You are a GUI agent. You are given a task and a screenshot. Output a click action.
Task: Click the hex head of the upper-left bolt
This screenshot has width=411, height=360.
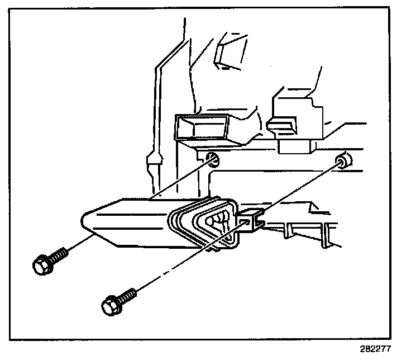[42, 265]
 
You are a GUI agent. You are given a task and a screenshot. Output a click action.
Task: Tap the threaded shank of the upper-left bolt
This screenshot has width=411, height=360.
[59, 255]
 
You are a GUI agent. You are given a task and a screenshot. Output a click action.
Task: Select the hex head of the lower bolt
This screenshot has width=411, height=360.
[110, 305]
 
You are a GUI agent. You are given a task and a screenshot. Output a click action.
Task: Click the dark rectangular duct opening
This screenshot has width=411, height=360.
[200, 127]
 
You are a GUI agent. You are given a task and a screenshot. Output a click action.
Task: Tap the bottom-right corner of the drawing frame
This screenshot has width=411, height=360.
[401, 339]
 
